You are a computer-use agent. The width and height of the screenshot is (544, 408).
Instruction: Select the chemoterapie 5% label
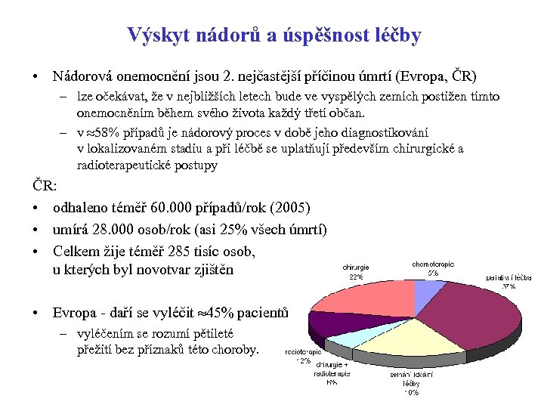[x=433, y=268]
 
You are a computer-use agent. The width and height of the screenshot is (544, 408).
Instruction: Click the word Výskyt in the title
[x=152, y=35]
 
